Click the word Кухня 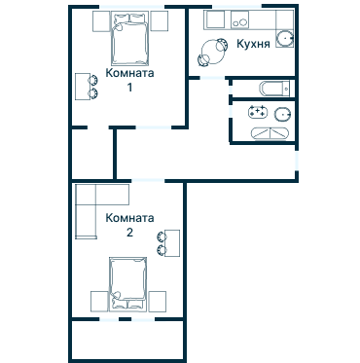coord(253,44)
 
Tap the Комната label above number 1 coord(129,73)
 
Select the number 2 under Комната coord(129,233)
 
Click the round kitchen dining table coord(213,52)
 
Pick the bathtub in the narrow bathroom coord(274,88)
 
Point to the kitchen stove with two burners coord(239,19)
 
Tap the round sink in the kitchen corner coord(285,39)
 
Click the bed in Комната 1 coord(129,38)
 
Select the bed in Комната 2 coord(127,284)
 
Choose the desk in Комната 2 coord(172,243)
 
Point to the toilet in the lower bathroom coord(282,114)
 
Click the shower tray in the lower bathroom coord(270,133)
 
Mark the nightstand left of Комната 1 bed coord(101,21)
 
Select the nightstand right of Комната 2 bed coord(158,302)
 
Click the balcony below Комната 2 coord(127,340)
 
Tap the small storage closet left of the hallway coord(92,154)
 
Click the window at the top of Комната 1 coord(131,7)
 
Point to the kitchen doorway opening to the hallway coord(212,78)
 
